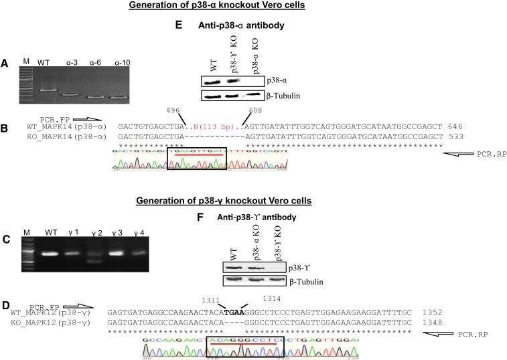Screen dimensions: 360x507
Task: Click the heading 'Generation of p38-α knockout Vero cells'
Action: [253, 7]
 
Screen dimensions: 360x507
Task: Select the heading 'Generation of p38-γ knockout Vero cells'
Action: [252, 201]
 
